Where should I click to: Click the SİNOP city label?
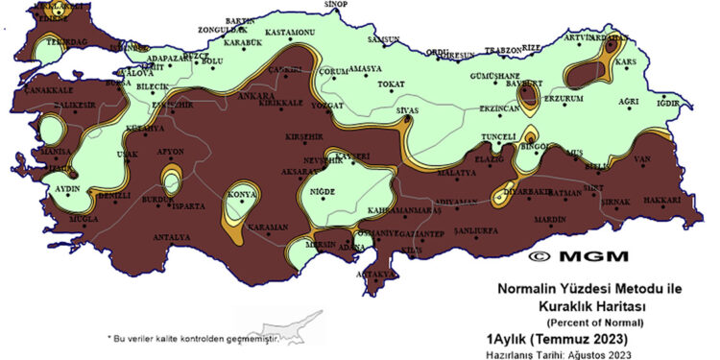coord(335,5)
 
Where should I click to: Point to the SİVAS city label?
coord(407,110)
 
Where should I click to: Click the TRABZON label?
coord(510,49)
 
